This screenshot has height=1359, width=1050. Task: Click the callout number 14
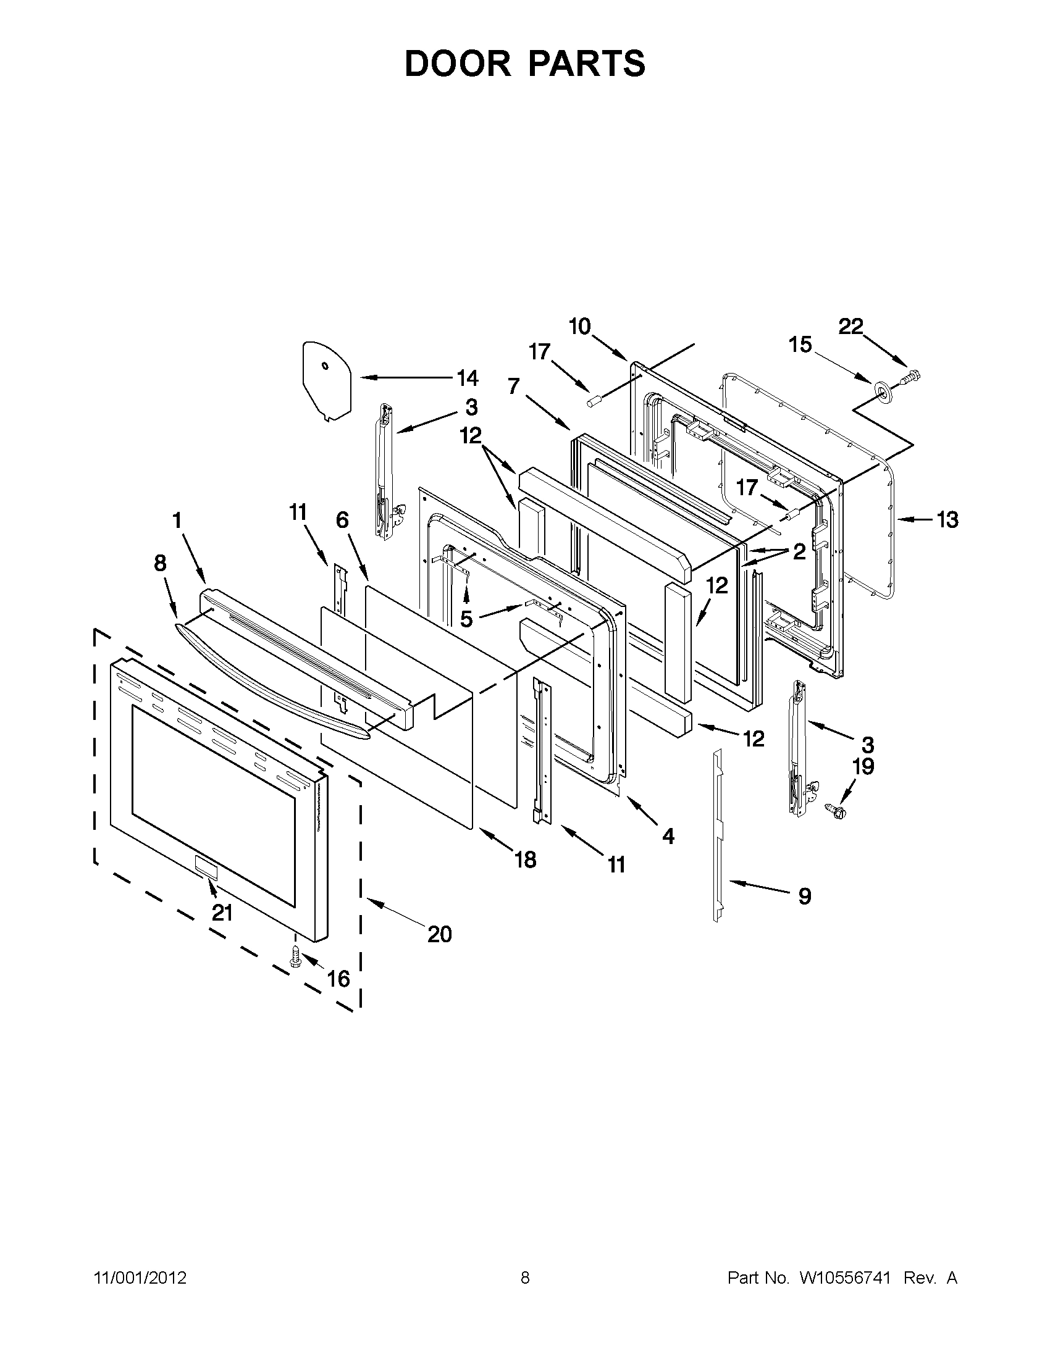pos(468,378)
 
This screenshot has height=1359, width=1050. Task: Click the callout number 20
pos(439,934)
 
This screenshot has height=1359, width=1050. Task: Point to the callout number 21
pos(222,913)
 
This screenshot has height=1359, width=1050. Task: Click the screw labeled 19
pos(832,808)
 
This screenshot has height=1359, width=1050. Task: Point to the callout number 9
pos(805,897)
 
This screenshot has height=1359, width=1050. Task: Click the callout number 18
pos(526,860)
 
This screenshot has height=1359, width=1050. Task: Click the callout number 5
pos(466,618)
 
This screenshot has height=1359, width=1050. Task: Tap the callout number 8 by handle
pos(160,563)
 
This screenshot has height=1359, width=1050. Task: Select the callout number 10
pos(579,327)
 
